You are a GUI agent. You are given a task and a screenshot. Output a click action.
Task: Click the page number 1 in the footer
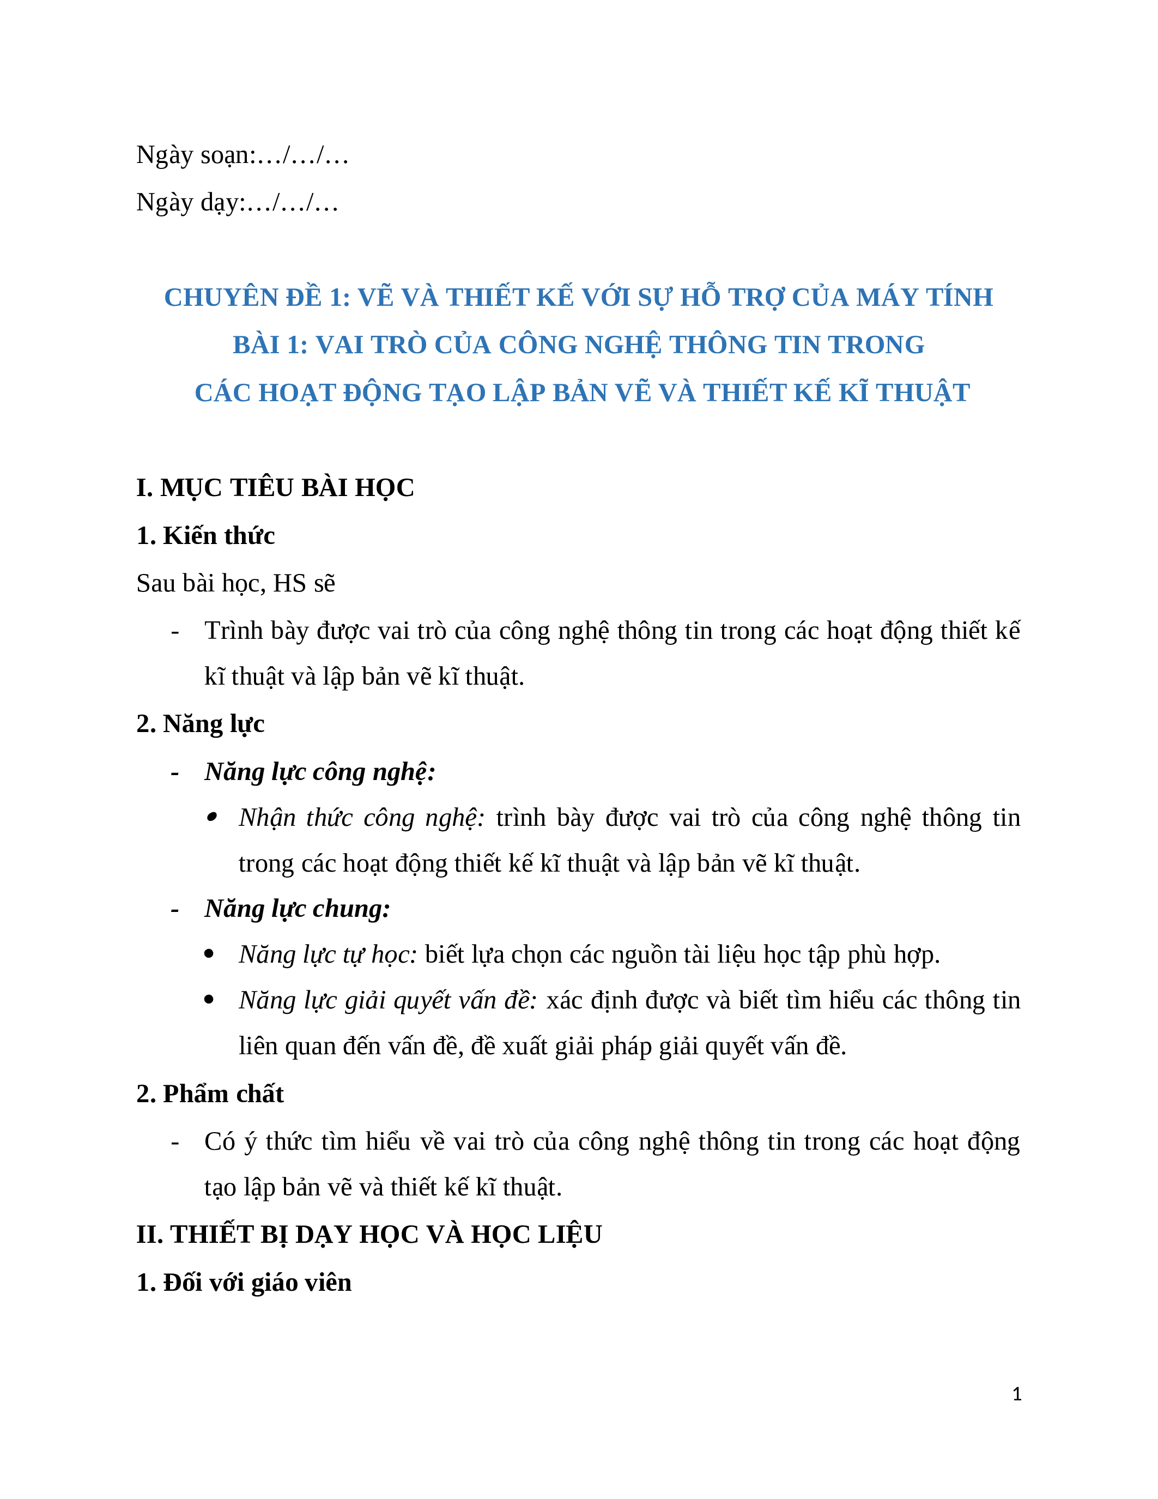pos(1017,1394)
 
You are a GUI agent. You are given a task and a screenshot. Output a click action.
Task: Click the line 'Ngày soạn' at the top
pos(242,156)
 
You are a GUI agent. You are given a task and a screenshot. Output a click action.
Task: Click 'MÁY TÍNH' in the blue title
pos(924,297)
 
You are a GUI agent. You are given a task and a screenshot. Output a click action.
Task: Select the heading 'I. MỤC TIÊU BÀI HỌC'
pos(275,488)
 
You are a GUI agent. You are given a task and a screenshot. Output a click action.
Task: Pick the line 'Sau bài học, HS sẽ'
pos(235,583)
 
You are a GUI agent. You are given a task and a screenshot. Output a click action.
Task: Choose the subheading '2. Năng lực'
pos(201,724)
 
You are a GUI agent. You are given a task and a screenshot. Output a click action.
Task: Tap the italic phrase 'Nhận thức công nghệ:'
pos(361,818)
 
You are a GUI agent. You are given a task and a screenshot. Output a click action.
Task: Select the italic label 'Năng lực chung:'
pos(297,909)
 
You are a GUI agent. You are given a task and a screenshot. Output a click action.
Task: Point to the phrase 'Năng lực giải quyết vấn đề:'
pos(387,1001)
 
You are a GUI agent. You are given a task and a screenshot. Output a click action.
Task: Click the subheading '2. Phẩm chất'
pos(210,1094)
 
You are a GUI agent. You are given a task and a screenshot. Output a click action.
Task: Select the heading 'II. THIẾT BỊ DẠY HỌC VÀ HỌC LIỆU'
pos(369,1235)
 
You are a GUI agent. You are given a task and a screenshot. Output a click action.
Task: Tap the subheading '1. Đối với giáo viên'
pos(244,1283)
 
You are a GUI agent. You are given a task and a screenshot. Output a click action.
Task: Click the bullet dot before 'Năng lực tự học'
pos(210,954)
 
